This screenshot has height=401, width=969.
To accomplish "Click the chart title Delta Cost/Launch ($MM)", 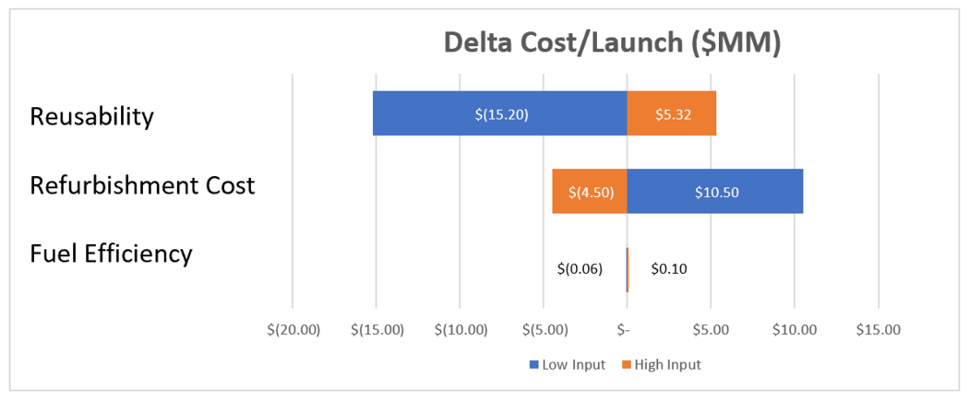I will tap(612, 43).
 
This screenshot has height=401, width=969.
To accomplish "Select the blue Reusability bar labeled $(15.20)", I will tap(499, 113).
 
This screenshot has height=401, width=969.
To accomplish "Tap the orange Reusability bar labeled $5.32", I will tap(671, 113).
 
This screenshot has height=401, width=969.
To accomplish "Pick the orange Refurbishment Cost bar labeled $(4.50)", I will tap(589, 192).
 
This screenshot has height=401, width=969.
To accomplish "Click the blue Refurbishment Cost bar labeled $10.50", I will tap(714, 192).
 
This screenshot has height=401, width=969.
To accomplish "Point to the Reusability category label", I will tap(91, 117).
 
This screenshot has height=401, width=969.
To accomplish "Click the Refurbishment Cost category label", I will tap(142, 184).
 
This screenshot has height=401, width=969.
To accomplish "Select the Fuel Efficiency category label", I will tap(111, 253).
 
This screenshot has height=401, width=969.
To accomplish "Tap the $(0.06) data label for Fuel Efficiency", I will tap(580, 269).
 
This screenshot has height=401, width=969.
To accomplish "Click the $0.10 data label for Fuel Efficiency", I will tap(669, 269).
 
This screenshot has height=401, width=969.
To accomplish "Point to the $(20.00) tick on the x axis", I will tap(293, 329).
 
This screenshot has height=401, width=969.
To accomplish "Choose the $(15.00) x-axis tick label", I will tap(377, 329).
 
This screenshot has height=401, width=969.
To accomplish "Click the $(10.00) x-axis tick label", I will tap(460, 329).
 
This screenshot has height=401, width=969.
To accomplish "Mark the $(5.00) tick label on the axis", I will tap(544, 329).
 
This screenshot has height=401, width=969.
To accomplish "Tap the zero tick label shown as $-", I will tap(627, 329).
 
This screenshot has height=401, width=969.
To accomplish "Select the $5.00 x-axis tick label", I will tap(711, 329).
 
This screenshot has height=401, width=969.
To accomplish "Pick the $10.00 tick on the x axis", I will tap(795, 329).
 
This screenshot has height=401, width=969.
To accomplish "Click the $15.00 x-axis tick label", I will tap(879, 329).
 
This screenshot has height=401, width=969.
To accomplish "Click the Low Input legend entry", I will tap(567, 364).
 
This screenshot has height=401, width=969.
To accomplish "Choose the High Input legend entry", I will tap(661, 364).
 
